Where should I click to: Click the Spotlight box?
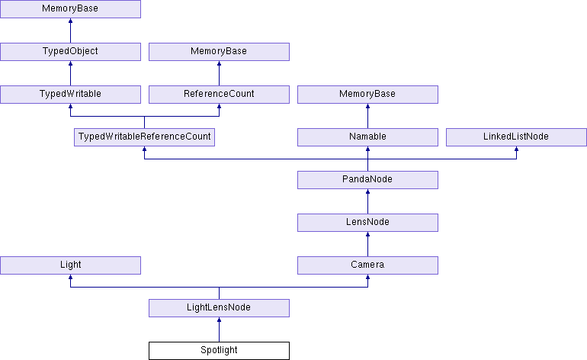tap(219, 351)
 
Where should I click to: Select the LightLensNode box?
tap(219, 308)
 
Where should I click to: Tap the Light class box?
tap(70, 265)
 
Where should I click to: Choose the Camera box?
tap(367, 265)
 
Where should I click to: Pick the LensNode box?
tap(367, 223)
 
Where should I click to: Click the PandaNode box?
tap(367, 180)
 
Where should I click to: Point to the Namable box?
tap(367, 137)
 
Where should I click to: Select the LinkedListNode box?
tap(516, 137)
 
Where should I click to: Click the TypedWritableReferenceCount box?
tap(144, 137)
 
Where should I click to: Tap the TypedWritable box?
tap(70, 95)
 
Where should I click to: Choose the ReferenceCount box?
tap(219, 95)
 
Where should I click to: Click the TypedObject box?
tap(70, 52)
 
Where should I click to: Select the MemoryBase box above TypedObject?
tap(70, 9)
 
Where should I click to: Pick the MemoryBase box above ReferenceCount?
tap(219, 52)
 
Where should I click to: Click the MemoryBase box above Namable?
tap(367, 95)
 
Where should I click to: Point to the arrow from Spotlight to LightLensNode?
tap(219, 329)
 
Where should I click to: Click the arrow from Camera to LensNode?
tap(367, 244)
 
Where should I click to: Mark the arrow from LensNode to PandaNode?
tap(367, 201)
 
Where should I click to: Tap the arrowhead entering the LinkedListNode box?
tap(516, 149)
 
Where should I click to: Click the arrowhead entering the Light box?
tap(70, 277)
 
